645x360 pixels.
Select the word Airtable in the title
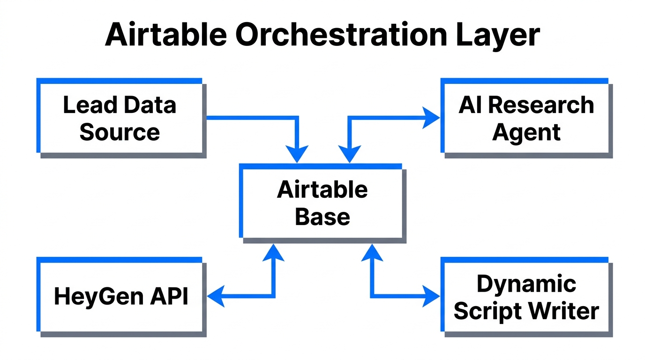(x=166, y=35)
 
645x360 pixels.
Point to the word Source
(x=120, y=132)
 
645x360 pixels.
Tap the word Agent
(x=526, y=132)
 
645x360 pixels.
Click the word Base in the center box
(x=322, y=217)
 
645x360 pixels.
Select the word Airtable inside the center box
(x=322, y=190)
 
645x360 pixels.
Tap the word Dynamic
(x=526, y=284)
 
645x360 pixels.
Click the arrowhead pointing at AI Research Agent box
(x=431, y=117)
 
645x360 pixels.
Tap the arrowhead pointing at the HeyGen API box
(x=215, y=296)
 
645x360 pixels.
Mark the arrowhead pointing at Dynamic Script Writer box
(x=431, y=296)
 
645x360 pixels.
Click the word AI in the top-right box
(x=470, y=105)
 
